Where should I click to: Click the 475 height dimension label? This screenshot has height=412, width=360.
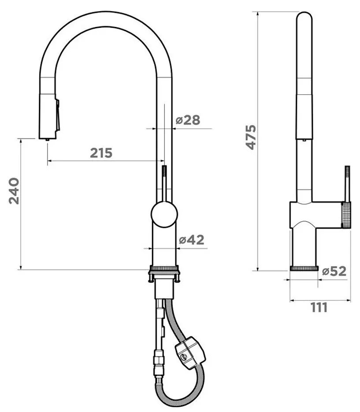coord(251,137)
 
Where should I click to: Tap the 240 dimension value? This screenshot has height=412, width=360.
coord(14,191)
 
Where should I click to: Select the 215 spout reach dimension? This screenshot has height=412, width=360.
coord(101,153)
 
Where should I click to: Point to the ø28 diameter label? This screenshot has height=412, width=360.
coord(188,120)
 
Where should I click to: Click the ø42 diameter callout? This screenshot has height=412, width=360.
coord(192,240)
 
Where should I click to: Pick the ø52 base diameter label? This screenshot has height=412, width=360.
coord(334,271)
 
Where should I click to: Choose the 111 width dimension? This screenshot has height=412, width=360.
coord(319,308)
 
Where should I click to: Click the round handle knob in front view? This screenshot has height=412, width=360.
coord(164,214)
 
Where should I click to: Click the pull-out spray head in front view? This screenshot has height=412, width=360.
coord(47,116)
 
